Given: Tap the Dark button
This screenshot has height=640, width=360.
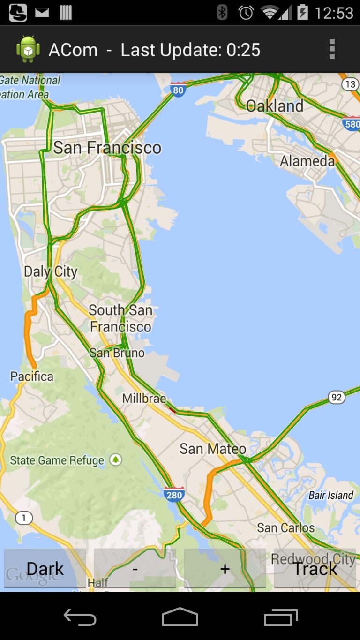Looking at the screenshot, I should click(45, 568).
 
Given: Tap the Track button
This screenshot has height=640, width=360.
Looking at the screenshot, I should click(315, 568).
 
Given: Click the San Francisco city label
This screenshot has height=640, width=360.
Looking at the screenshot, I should click(107, 148).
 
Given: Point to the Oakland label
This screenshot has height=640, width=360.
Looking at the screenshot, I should click(275, 106).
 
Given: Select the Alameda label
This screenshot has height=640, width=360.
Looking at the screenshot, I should click(307, 161).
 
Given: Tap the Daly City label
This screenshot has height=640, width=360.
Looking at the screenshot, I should click(51, 271).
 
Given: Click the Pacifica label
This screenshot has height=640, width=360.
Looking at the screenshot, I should click(32, 376).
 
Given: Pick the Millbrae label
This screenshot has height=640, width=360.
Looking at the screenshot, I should click(144, 399).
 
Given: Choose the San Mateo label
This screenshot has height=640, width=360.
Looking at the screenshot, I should click(213, 449).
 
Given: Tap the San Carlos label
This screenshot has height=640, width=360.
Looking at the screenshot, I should click(286, 527).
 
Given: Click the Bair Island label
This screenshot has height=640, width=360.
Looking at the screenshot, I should click(331, 495).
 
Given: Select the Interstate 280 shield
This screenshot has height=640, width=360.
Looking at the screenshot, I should click(174, 494).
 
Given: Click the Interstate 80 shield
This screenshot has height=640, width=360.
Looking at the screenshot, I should click(178, 89).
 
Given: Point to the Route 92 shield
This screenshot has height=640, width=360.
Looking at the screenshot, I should click(336, 398).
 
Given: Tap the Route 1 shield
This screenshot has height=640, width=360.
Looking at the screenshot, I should click(23, 518).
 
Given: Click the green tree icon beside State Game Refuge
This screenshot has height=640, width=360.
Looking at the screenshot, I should click(115, 460).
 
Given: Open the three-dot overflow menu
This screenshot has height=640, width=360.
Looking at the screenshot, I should click(332, 49).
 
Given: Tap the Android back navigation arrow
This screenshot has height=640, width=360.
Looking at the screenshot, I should click(80, 617).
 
